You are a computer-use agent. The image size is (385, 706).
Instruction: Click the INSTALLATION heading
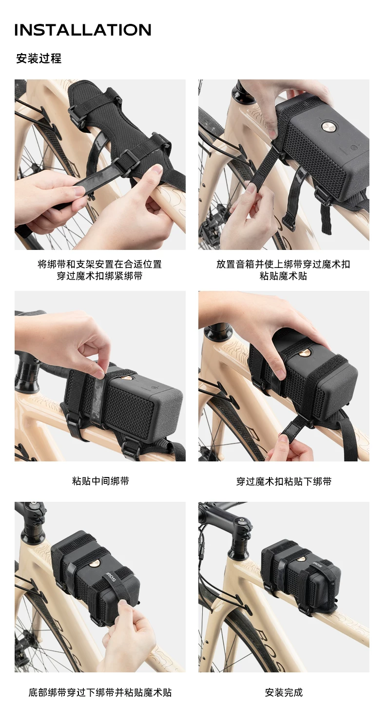pyautogui.click(x=83, y=30)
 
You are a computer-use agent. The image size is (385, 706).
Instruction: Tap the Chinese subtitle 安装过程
pyautogui.click(x=39, y=58)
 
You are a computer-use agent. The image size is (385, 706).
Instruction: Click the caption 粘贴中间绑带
pyautogui.click(x=100, y=481)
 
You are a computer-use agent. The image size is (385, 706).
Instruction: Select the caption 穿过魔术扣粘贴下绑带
pyautogui.click(x=284, y=481)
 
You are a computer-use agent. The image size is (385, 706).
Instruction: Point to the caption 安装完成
pyautogui.click(x=284, y=692)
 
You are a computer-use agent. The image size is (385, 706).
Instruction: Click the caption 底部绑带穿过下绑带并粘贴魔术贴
pyautogui.click(x=100, y=692)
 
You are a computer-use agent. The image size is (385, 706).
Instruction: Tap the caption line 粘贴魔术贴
pyautogui.click(x=283, y=276)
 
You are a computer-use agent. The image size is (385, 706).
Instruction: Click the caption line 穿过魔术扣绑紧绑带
pyautogui.click(x=99, y=276)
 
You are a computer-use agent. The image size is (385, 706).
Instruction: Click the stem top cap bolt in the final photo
pyautogui.click(x=241, y=520)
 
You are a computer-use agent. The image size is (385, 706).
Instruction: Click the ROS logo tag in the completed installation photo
pyautogui.click(x=317, y=565)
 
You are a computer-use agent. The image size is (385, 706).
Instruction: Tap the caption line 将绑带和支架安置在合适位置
pyautogui.click(x=99, y=264)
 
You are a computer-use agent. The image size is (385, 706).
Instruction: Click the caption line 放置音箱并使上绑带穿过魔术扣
pyautogui.click(x=283, y=264)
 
